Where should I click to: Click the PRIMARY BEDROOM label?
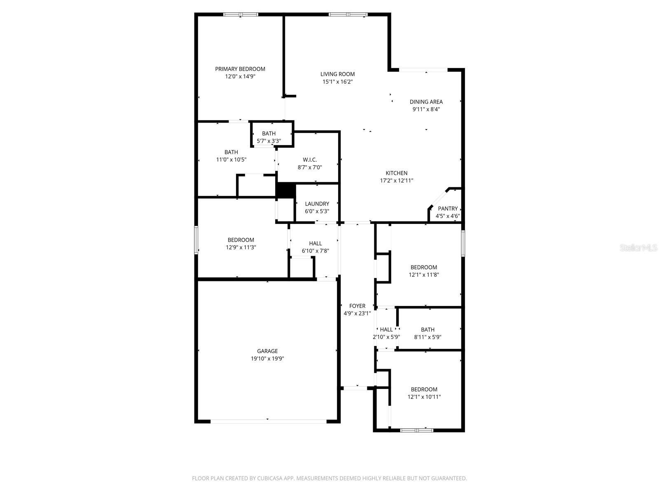240,69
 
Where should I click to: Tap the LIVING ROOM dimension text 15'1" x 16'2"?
337,82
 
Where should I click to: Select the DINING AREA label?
426,102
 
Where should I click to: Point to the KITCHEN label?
396,173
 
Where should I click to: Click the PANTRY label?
447,209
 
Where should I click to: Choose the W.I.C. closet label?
310,160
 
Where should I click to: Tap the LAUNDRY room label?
317,204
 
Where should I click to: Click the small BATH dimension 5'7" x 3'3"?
269,141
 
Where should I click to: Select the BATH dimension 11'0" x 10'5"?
231,160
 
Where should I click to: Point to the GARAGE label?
267,351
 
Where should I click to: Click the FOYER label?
357,306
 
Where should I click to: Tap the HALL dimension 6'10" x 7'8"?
315,251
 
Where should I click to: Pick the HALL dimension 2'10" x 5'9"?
386,337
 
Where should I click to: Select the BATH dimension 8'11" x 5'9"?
428,337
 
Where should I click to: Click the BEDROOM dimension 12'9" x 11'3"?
241,247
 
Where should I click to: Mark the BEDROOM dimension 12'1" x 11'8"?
423,275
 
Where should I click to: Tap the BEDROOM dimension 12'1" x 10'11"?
424,397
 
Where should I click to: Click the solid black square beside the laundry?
285,191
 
